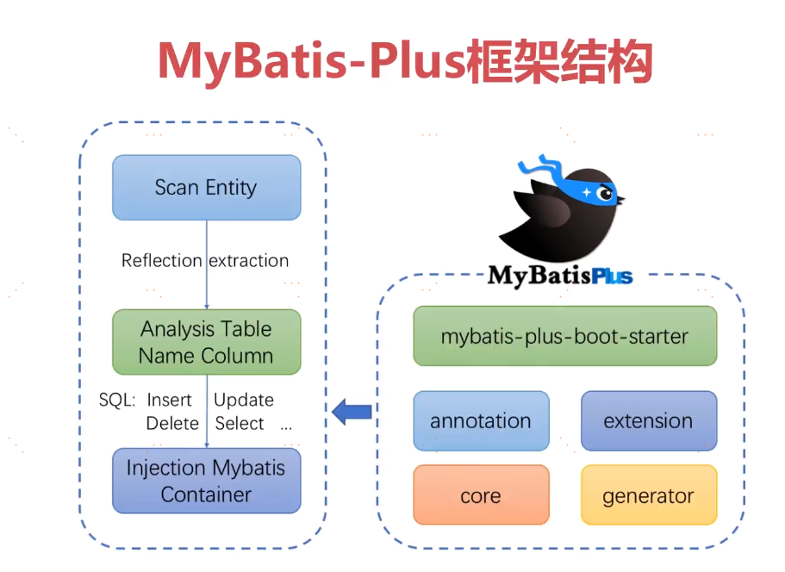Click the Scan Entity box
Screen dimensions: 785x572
coord(207,188)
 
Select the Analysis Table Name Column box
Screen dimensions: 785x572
coord(207,342)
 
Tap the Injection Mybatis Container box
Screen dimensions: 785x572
coord(207,481)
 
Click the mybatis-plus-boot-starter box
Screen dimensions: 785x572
coord(564,336)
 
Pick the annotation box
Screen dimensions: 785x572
coord(481,421)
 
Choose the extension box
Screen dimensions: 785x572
coord(648,421)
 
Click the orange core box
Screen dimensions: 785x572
coord(481,495)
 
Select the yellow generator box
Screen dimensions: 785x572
coord(648,495)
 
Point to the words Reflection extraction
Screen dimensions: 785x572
coord(205,260)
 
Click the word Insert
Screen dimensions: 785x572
coord(170,400)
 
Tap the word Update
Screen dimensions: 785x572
coord(244,400)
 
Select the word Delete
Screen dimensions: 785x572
coord(172,423)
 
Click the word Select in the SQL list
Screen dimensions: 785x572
coord(240,423)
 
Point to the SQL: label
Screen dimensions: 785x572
coord(117,400)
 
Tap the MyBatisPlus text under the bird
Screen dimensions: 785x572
coord(560,276)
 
